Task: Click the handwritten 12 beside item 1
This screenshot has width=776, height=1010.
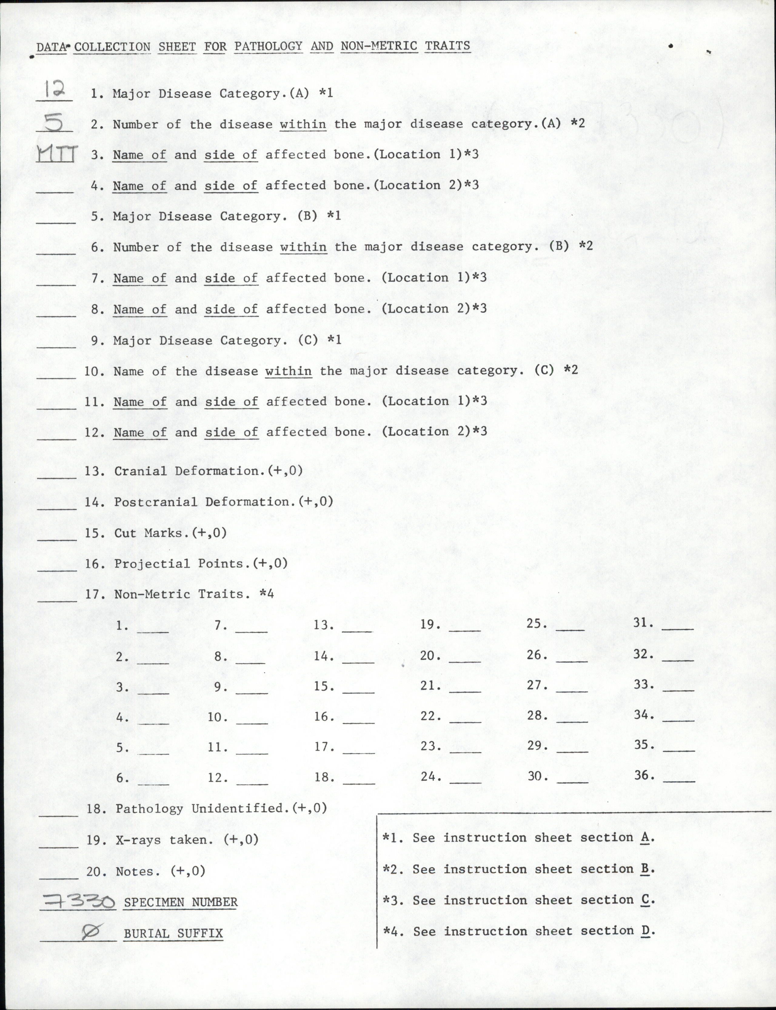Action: [x=55, y=89]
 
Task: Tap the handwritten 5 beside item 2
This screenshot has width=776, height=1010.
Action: [x=54, y=122]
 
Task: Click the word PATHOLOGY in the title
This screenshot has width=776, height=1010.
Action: [x=268, y=46]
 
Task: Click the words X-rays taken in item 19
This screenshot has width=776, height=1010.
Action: [x=164, y=840]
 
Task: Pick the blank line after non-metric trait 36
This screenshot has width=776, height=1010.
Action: [x=679, y=780]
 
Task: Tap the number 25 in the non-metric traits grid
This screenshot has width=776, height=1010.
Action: [x=537, y=624]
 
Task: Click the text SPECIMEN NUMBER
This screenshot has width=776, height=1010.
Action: [x=181, y=902]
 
